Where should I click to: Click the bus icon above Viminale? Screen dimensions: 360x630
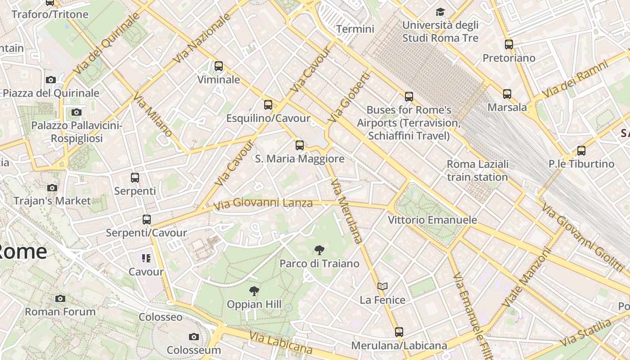tap(219, 66)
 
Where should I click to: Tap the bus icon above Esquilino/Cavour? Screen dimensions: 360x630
tap(268, 105)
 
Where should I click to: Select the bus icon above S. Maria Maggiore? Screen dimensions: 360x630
tap(300, 145)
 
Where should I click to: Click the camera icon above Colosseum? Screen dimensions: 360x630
tap(194, 337)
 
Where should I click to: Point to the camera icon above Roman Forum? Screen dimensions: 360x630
tap(60, 298)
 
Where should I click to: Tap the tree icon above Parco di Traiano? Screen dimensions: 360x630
tap(319, 250)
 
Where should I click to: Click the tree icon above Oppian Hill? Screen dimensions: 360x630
tap(254, 291)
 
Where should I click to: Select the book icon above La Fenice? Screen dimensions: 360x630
tap(382, 286)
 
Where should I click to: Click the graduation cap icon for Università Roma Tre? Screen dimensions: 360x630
tap(440, 12)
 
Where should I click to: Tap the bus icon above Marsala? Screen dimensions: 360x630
tap(507, 94)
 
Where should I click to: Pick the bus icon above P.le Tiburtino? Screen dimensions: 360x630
tap(581, 150)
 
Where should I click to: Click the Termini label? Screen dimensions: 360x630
tap(355, 29)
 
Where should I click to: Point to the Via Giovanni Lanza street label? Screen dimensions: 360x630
tap(263, 203)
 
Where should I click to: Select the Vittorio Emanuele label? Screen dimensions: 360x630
tap(432, 220)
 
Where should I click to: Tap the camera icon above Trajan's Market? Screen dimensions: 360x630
tap(52, 188)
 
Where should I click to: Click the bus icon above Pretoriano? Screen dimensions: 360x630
tap(509, 45)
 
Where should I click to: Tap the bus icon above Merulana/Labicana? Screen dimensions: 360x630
tap(399, 332)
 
